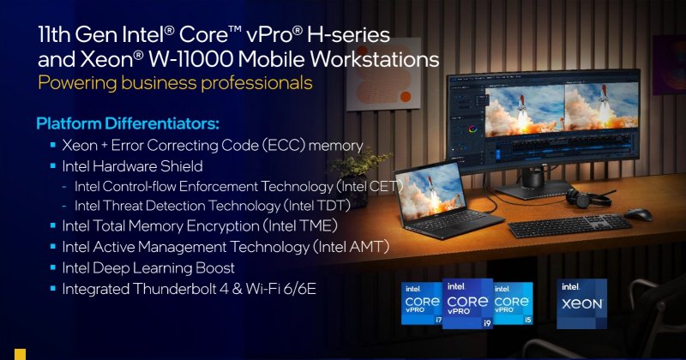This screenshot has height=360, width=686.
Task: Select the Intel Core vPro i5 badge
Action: (x=514, y=304)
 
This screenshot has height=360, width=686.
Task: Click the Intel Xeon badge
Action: (x=582, y=303)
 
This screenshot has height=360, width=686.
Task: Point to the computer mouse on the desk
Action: (x=638, y=214)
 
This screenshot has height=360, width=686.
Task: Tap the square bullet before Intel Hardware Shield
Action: (x=52, y=165)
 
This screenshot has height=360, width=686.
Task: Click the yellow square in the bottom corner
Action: (x=20, y=354)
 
